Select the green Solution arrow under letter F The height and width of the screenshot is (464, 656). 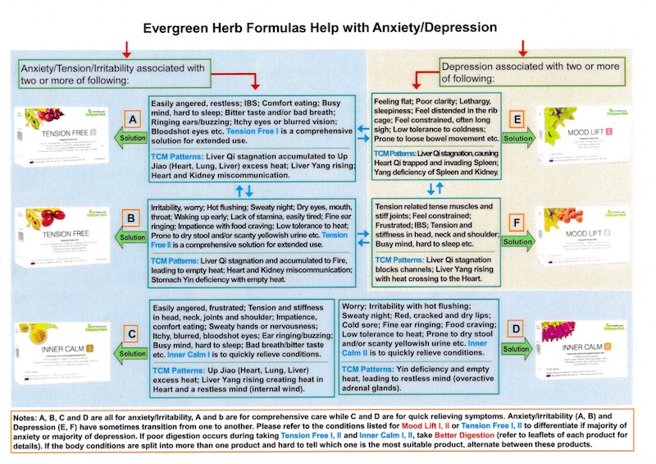pyautogui.click(x=517, y=241)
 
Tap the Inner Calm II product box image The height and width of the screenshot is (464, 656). pyautogui.click(x=585, y=347)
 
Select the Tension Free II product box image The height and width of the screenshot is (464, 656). pyautogui.click(x=57, y=237)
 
